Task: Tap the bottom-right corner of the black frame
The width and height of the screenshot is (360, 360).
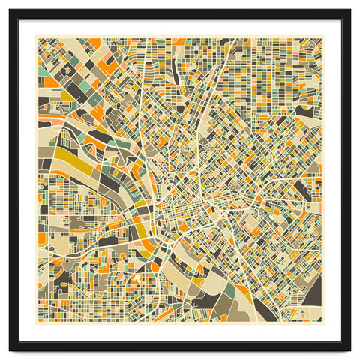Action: tap(349, 350)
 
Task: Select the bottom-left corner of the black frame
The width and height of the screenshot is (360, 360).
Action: tap(10, 350)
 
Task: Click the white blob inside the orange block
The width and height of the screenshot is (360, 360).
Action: tap(136, 277)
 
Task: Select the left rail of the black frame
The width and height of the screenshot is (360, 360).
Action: tap(14, 180)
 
